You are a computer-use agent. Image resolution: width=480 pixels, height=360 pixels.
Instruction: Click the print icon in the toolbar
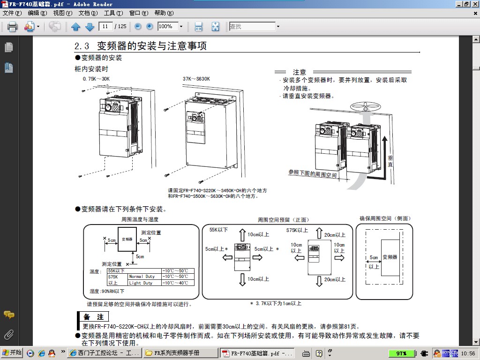click(12, 27)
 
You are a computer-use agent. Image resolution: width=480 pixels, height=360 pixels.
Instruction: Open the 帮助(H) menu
click(164, 13)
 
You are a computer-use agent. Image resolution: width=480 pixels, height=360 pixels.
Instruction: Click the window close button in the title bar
click(474, 4)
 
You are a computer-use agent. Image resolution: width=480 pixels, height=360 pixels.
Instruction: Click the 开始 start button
click(12, 353)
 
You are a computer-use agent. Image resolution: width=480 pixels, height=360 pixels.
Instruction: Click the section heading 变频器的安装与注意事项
click(151, 46)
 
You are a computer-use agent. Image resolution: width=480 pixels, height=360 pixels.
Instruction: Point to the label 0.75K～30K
click(96, 79)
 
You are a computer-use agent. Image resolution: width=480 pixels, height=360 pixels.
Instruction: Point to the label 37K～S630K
click(196, 79)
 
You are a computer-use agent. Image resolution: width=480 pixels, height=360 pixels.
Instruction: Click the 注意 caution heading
click(300, 72)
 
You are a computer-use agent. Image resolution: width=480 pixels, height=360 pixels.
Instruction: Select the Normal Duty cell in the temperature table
click(142, 277)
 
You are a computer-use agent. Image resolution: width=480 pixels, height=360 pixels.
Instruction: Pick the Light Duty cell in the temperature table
click(141, 283)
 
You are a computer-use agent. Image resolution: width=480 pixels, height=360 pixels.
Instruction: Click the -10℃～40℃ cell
click(175, 283)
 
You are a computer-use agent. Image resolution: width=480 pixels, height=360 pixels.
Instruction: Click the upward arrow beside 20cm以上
click(319, 233)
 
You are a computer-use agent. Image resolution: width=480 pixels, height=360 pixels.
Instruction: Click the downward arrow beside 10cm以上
click(242, 280)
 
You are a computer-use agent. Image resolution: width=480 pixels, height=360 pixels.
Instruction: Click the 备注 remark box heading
click(94, 317)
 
